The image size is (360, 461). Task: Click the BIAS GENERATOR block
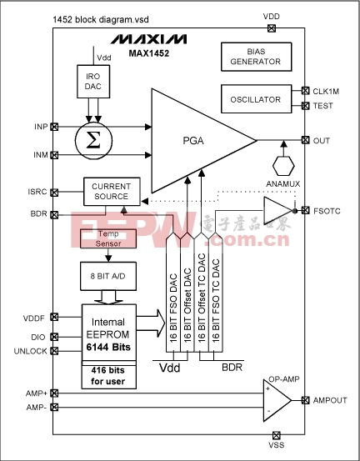click(x=257, y=57)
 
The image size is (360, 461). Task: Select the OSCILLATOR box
click(x=257, y=99)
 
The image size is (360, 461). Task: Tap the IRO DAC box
click(x=93, y=82)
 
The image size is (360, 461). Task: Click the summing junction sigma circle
click(x=93, y=141)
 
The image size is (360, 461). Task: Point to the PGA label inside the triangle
click(x=193, y=141)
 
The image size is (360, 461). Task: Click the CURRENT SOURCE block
click(x=112, y=192)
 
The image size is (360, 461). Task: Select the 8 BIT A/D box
click(x=108, y=276)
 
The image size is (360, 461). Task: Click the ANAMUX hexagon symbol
click(x=283, y=166)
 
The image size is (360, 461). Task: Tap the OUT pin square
click(x=306, y=140)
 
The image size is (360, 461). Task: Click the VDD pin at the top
click(x=272, y=28)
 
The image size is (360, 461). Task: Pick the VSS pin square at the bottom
click(x=276, y=435)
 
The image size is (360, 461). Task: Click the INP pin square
click(x=54, y=127)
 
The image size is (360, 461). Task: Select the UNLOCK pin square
click(x=54, y=351)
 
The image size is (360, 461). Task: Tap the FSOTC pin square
click(x=306, y=210)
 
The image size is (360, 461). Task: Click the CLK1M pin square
click(x=306, y=91)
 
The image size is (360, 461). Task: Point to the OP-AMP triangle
click(x=277, y=400)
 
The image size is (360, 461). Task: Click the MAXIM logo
click(x=148, y=39)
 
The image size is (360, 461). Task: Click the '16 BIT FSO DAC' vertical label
click(x=173, y=308)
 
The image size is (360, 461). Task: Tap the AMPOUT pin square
click(x=306, y=400)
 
